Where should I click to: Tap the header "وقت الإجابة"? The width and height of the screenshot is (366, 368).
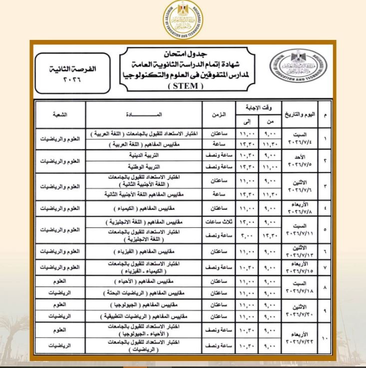coord(258,108)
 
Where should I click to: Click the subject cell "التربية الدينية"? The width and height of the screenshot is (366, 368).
coord(144,156)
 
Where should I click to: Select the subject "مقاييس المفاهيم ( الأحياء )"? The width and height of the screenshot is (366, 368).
coord(144,282)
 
